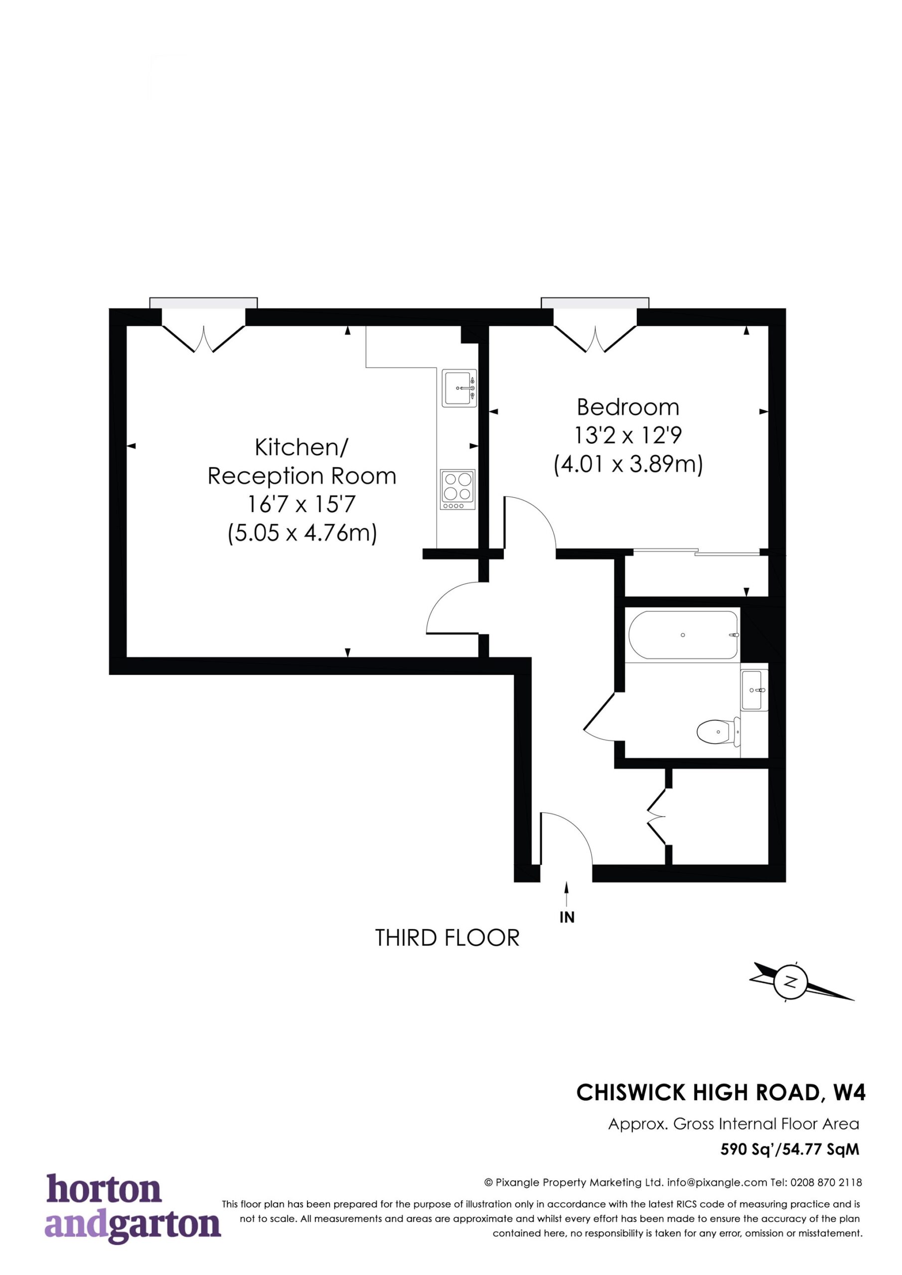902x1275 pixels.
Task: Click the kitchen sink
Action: point(459,388)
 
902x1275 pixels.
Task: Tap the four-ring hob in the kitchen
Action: point(458,489)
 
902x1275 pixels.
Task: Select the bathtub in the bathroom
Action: point(683,635)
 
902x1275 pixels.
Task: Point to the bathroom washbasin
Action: point(754,690)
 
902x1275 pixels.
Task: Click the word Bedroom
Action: point(628,407)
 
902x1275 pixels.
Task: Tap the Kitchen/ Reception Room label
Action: point(302,462)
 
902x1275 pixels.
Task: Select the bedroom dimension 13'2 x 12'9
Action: point(628,436)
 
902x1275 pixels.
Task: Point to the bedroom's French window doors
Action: point(595,338)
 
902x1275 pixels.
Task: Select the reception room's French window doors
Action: point(203,338)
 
